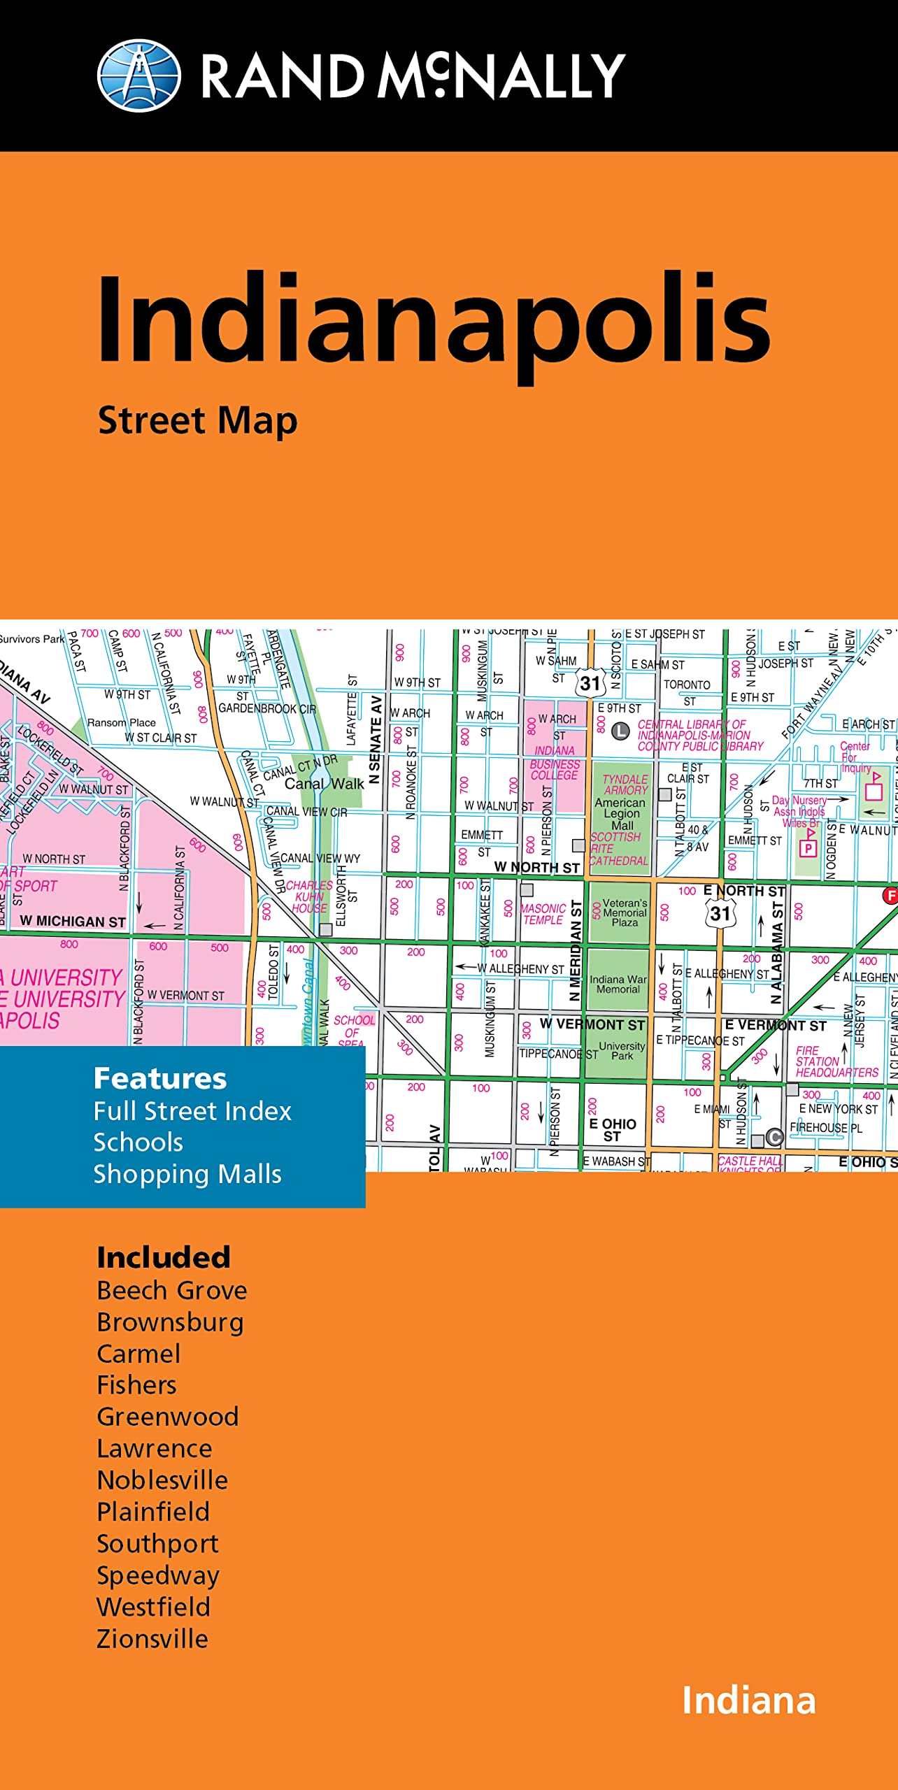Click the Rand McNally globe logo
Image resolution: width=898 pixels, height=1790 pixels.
tap(138, 76)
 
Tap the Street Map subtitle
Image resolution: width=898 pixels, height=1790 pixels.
tap(198, 421)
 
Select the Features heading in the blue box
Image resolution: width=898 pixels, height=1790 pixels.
tap(160, 1079)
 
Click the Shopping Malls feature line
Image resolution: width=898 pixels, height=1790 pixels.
tap(187, 1174)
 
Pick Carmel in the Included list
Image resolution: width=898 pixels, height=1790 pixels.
tap(138, 1354)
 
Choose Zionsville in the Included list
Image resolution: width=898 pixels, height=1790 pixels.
tap(152, 1638)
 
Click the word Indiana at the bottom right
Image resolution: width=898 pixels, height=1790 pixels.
tap(748, 1700)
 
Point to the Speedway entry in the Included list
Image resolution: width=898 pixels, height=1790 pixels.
tap(158, 1575)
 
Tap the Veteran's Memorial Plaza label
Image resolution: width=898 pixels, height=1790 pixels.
tap(624, 912)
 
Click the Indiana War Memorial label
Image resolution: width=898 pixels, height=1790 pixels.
tap(618, 984)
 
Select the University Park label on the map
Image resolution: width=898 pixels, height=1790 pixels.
tap(621, 1051)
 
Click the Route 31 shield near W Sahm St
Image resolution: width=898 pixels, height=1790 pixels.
tap(590, 683)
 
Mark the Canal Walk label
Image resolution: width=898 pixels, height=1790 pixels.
tap(324, 784)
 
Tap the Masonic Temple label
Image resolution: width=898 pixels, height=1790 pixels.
tap(543, 914)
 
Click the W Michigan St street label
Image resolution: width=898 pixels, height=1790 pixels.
tap(73, 922)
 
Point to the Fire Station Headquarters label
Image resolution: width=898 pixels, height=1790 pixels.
tap(836, 1061)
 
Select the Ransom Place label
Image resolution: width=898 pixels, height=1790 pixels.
tap(122, 722)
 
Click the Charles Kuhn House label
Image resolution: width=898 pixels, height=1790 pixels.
tap(309, 896)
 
